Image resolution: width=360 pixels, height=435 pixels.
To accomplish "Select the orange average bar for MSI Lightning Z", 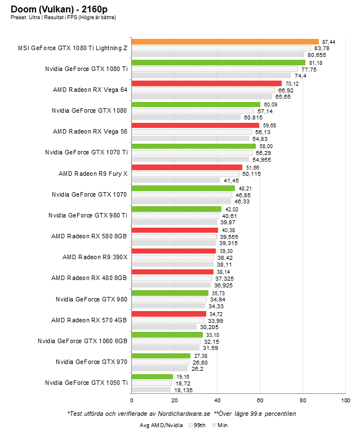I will [225, 42].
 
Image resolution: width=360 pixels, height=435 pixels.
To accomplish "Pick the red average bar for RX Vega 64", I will [206, 83].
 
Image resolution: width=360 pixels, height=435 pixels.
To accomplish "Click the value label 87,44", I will [328, 42].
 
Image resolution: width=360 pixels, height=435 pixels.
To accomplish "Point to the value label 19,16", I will [182, 376].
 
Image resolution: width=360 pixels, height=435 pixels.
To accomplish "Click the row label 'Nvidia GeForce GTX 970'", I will [91, 361].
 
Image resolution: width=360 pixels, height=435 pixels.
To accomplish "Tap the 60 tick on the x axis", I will [260, 401].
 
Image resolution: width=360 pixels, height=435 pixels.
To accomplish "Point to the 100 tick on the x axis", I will [345, 401].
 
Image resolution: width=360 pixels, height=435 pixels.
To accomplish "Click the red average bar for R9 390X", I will [174, 251].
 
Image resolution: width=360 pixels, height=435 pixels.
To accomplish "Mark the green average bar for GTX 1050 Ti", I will [152, 376].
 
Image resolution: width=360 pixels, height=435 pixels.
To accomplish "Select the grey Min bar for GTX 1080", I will [186, 117].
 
